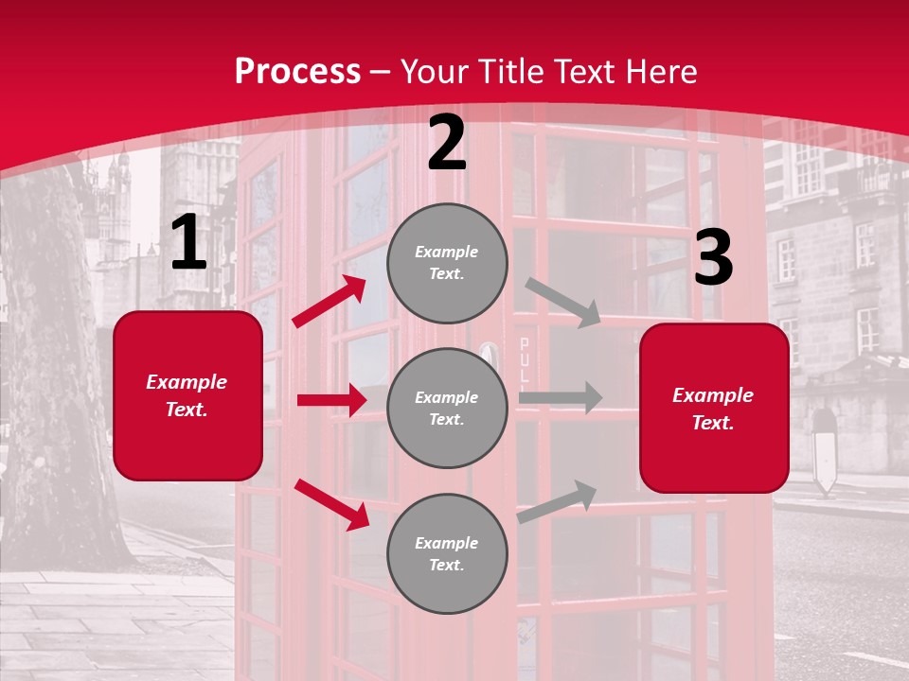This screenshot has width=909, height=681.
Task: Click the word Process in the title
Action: (297, 71)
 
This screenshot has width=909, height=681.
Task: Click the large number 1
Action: (188, 243)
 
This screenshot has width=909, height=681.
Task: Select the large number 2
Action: (447, 143)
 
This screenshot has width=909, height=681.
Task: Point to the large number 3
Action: (713, 257)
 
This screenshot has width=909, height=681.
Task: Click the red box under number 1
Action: (187, 395)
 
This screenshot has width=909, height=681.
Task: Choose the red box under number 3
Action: (714, 408)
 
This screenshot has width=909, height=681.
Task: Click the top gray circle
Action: (447, 263)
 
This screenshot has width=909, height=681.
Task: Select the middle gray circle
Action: (447, 408)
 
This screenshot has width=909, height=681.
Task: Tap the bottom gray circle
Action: (447, 553)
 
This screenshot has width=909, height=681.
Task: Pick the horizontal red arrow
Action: (331, 400)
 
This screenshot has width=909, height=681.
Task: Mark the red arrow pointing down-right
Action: (331, 504)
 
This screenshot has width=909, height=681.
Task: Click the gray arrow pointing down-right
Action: (563, 302)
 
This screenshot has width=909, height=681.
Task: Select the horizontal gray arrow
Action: (561, 397)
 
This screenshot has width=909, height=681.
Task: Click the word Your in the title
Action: (437, 71)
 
